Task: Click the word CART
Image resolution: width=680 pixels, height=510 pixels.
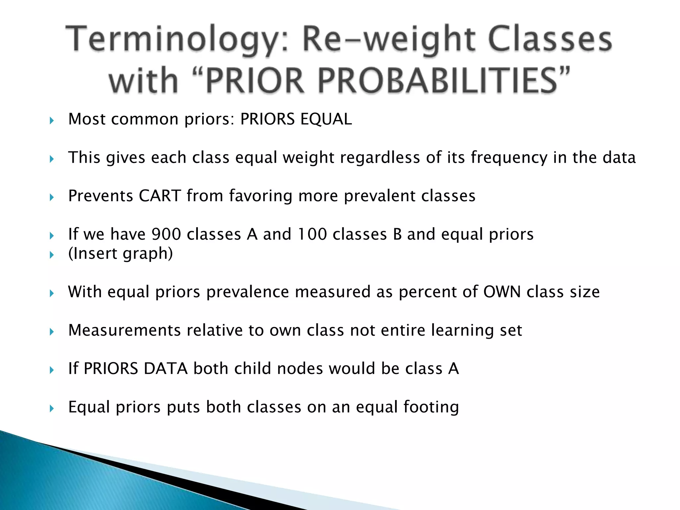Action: click(160, 196)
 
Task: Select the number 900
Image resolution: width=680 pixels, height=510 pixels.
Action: click(166, 234)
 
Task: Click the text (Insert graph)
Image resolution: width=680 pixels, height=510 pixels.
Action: click(121, 254)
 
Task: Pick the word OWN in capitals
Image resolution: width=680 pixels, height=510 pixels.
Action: click(502, 292)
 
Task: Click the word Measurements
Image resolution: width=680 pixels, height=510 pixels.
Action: click(124, 330)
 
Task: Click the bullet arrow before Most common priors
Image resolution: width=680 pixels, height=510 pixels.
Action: click(51, 121)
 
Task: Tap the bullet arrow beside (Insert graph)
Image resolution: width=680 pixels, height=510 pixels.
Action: click(51, 255)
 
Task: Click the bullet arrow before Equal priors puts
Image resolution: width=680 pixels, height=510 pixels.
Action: click(51, 408)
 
